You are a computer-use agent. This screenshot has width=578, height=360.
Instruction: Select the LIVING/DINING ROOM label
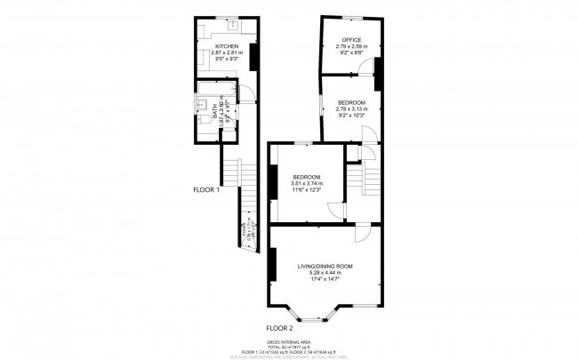point(325,267)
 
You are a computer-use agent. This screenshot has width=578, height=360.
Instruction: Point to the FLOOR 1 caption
point(206,189)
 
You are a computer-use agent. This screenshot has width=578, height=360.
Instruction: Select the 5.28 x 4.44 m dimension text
point(325,273)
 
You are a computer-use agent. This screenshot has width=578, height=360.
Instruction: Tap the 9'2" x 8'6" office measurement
point(350,52)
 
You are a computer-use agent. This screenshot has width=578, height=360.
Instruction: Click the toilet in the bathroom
point(203,122)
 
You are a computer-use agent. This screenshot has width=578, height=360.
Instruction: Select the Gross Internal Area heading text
point(289,341)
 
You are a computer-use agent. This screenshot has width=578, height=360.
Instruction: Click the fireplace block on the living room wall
point(269,263)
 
